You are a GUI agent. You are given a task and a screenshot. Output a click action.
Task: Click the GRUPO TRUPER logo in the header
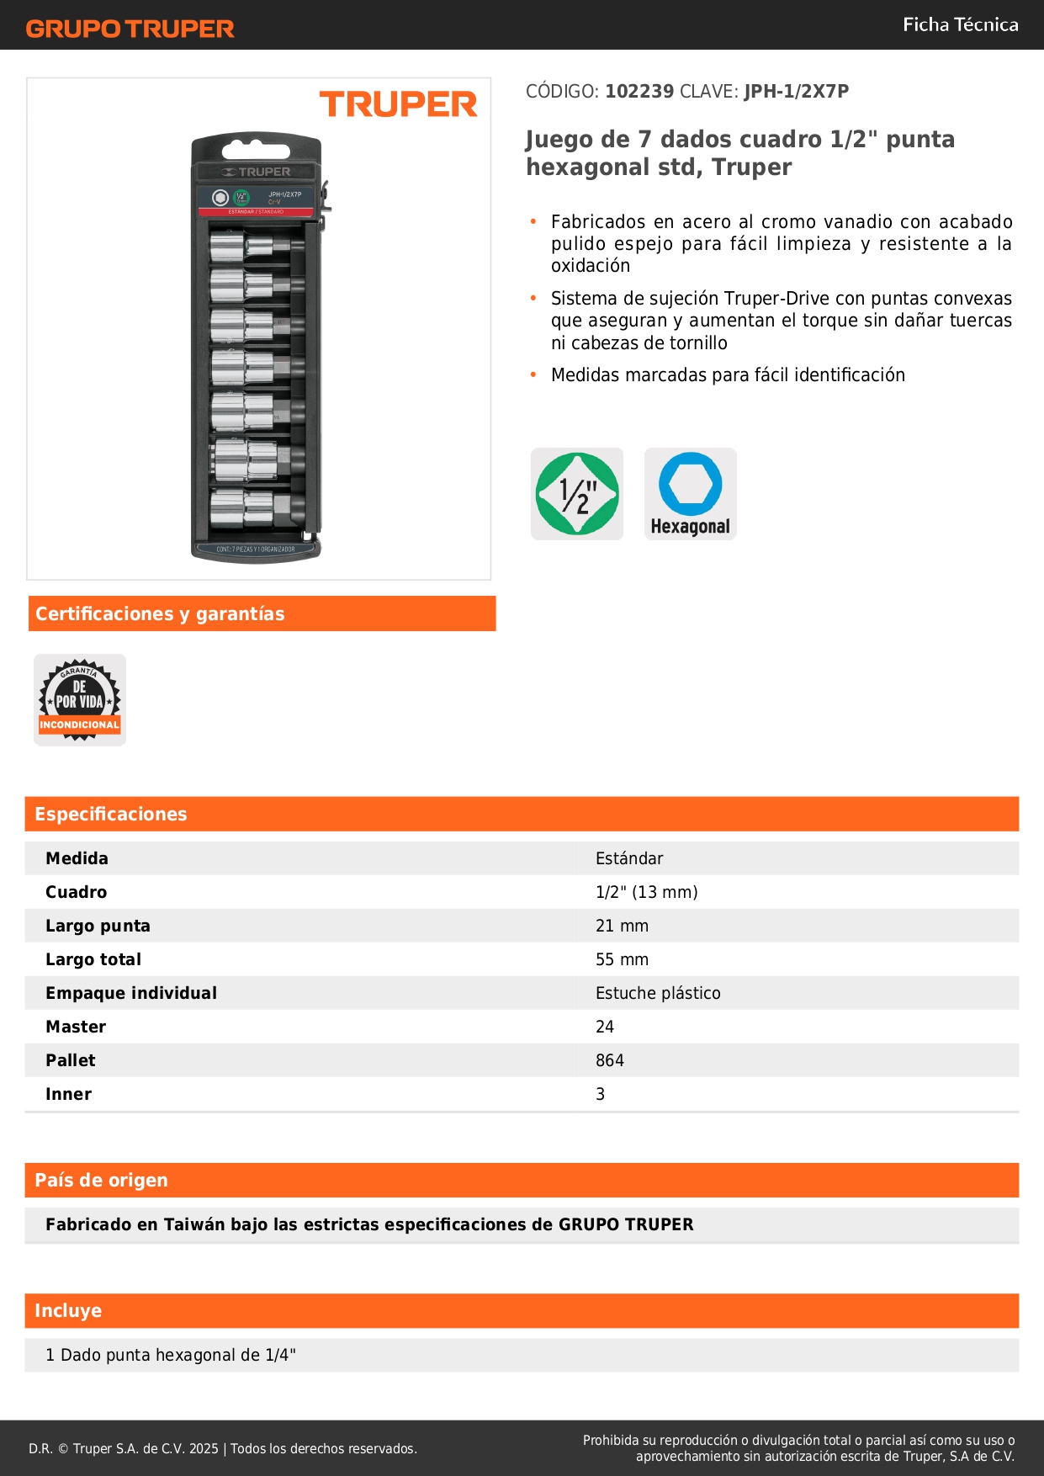[130, 29]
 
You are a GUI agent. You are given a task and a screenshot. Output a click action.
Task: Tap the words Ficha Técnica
[960, 24]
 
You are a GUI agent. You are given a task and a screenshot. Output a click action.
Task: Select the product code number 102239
[639, 91]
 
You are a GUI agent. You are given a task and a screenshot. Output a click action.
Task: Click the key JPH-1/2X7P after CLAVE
[796, 91]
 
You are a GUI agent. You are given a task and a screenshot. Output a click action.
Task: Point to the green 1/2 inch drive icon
[577, 494]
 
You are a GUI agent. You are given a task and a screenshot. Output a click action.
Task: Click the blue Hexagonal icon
[691, 494]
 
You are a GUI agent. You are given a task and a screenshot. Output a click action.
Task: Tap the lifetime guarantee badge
[80, 700]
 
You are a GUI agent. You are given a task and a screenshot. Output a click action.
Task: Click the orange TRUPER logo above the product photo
[398, 104]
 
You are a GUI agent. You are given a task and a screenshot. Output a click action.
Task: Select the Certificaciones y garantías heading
[160, 613]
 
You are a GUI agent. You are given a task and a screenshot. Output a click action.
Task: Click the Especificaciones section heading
[111, 814]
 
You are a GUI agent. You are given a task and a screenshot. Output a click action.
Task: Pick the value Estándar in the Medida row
[629, 858]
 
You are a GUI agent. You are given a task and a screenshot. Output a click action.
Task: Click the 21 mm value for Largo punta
[622, 926]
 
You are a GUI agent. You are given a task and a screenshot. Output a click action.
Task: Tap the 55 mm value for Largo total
[622, 959]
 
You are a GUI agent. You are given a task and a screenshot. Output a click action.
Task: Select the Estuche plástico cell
[658, 993]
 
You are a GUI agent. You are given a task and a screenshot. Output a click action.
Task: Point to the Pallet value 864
[610, 1060]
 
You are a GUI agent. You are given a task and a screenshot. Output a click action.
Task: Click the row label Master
[76, 1027]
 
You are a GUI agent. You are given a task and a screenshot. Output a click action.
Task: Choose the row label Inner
[68, 1094]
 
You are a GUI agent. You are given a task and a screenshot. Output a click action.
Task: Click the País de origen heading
[101, 1180]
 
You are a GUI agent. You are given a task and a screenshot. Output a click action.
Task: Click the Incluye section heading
[68, 1310]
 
